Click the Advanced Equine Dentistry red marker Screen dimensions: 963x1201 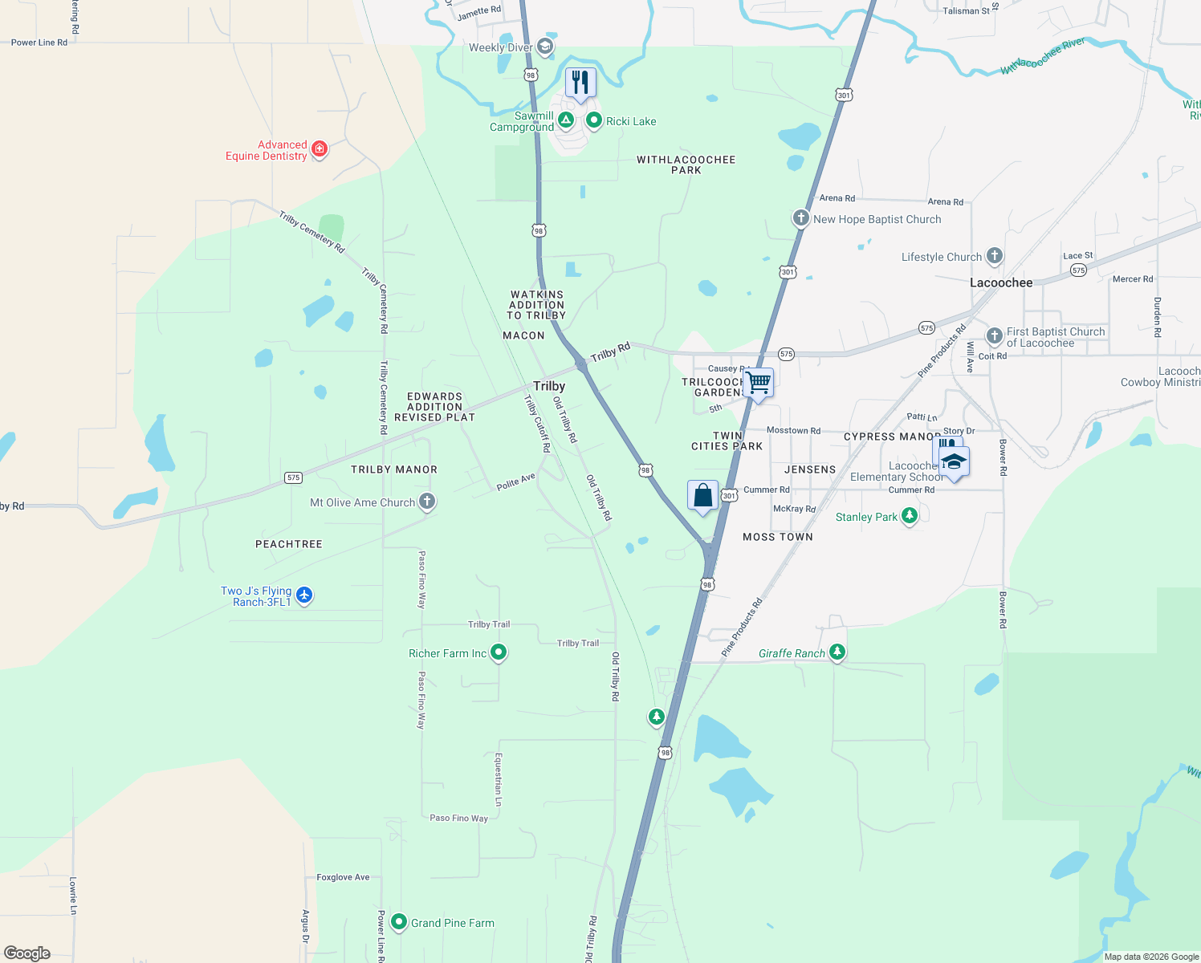click(x=320, y=148)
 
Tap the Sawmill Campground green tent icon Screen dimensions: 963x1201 click(x=566, y=120)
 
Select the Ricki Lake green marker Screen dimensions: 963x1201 click(x=594, y=120)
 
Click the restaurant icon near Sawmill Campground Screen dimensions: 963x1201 click(x=580, y=83)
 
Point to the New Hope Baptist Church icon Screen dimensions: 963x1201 click(x=800, y=218)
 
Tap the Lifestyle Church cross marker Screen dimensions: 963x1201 click(x=994, y=256)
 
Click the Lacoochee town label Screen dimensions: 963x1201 click(x=1001, y=282)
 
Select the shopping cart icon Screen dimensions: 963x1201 click(x=758, y=382)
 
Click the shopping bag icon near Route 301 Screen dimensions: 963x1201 click(x=702, y=494)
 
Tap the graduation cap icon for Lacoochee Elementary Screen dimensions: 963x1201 click(x=954, y=461)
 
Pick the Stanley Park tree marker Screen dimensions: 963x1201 click(x=910, y=516)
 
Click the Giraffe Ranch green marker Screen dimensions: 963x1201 click(x=837, y=652)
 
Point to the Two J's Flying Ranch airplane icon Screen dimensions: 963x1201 click(x=303, y=595)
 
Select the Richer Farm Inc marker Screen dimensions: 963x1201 click(x=499, y=652)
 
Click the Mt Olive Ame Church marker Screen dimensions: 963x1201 click(x=427, y=502)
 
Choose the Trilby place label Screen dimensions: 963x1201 click(x=549, y=386)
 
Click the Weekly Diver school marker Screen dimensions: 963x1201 click(x=545, y=47)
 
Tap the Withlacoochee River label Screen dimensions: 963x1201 click(x=1043, y=56)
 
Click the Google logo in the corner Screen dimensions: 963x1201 click(x=27, y=953)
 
